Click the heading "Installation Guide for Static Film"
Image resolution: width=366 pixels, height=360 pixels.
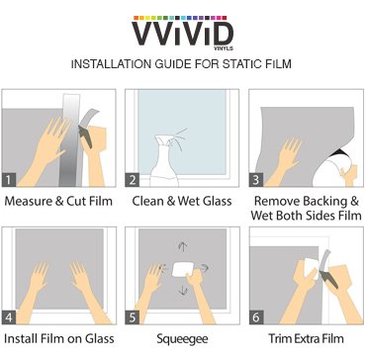click(x=182, y=66)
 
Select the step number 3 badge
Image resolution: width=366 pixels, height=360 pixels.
click(x=254, y=179)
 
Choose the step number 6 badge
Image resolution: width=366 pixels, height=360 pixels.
click(x=254, y=318)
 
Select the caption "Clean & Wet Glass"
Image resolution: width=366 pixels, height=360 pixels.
click(x=182, y=203)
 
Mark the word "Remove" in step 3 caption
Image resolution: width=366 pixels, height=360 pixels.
click(x=276, y=203)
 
